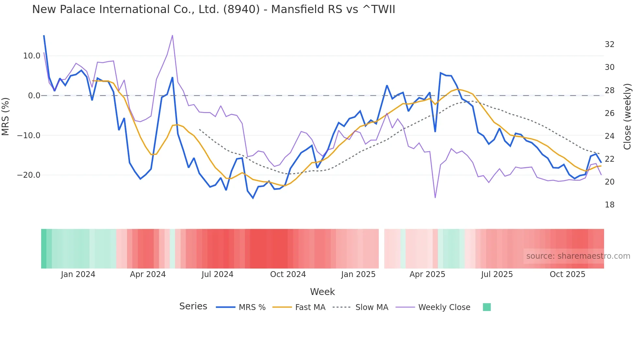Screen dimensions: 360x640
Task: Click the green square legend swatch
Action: coord(487,307)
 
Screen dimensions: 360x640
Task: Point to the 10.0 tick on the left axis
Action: coord(31,56)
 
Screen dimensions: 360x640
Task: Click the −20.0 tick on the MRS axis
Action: coord(29,175)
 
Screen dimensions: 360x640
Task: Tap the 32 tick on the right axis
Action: coord(609,44)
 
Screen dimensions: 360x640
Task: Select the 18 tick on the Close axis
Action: coord(609,205)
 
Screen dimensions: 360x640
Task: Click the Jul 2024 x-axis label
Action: coord(217,274)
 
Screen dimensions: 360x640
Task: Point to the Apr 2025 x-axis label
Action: coord(427,274)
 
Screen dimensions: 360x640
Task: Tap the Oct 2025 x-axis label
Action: coord(567,274)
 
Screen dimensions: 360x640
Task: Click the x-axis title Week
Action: coord(322,292)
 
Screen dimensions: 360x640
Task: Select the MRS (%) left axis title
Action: coord(6,116)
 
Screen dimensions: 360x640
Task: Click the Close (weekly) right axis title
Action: coord(627,117)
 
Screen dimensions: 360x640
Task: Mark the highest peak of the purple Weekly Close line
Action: coord(172,35)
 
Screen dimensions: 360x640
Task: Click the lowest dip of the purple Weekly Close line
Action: coord(435,198)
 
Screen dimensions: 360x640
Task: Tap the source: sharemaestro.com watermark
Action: coord(578,256)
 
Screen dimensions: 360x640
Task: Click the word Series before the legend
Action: coord(193,306)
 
